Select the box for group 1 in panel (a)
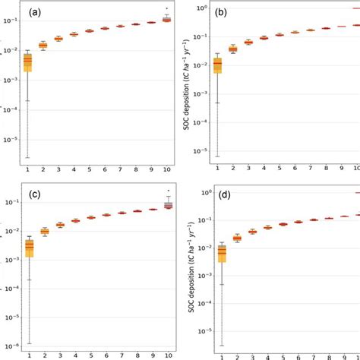(x=27, y=62)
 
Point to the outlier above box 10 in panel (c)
(x=168, y=191)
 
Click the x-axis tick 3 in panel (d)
(x=252, y=355)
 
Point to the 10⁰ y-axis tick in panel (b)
(x=202, y=8)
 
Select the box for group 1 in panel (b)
(x=218, y=66)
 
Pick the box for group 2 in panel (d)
(x=237, y=238)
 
